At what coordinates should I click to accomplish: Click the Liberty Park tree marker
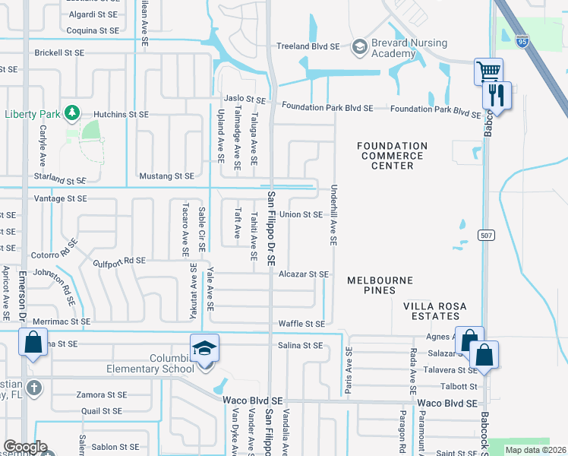click(72, 113)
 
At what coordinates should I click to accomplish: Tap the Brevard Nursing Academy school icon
click(358, 47)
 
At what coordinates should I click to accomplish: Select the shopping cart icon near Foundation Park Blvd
click(488, 72)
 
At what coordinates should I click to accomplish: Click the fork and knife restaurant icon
click(497, 96)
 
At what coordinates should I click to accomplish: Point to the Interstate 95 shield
click(522, 37)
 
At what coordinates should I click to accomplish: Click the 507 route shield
click(487, 236)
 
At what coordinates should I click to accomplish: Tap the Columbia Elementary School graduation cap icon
click(204, 349)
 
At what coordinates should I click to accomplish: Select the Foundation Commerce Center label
click(392, 156)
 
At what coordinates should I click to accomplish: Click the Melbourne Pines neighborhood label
click(380, 285)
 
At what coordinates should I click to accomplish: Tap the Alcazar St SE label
click(304, 274)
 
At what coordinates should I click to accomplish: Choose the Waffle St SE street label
click(301, 324)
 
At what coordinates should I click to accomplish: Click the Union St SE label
click(301, 215)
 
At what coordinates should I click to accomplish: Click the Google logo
click(25, 447)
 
